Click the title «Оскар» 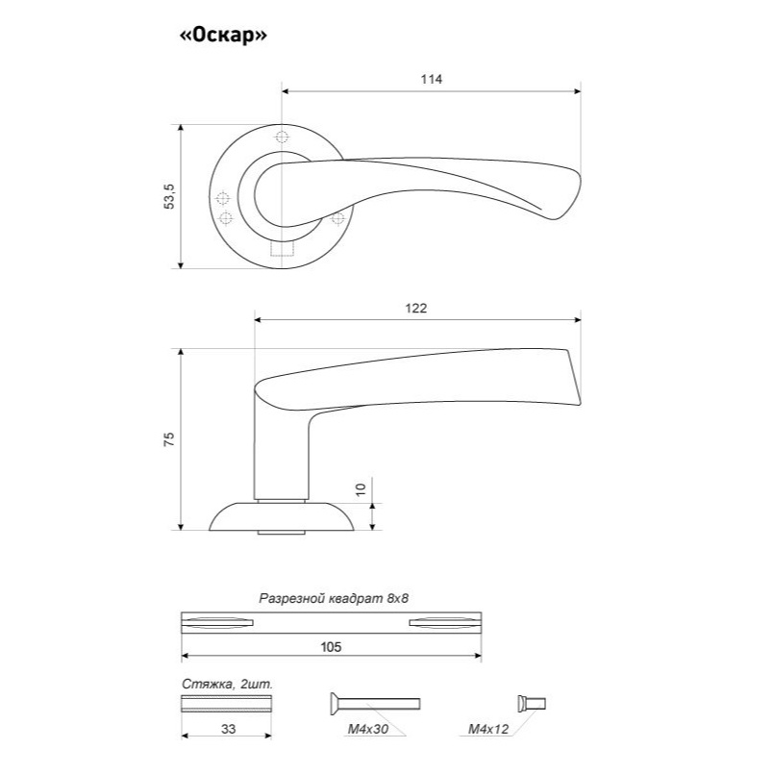[223, 35]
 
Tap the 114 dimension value [432, 79]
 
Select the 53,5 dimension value [169, 196]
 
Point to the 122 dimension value [415, 308]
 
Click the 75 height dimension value [169, 439]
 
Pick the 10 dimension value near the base [362, 489]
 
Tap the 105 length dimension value [331, 647]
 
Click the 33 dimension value [228, 729]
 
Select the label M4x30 [368, 729]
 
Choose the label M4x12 [488, 729]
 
